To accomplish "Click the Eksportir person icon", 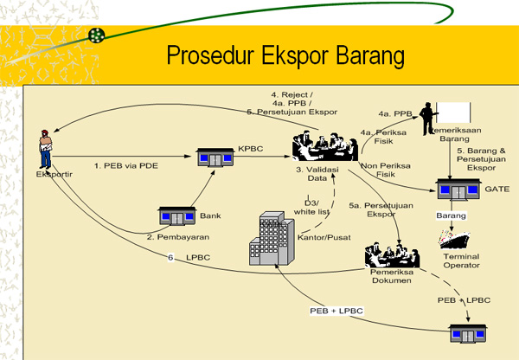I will tap(46, 149).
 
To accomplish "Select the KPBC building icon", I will tap(216, 157).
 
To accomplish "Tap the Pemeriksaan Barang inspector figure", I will tap(427, 119).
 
